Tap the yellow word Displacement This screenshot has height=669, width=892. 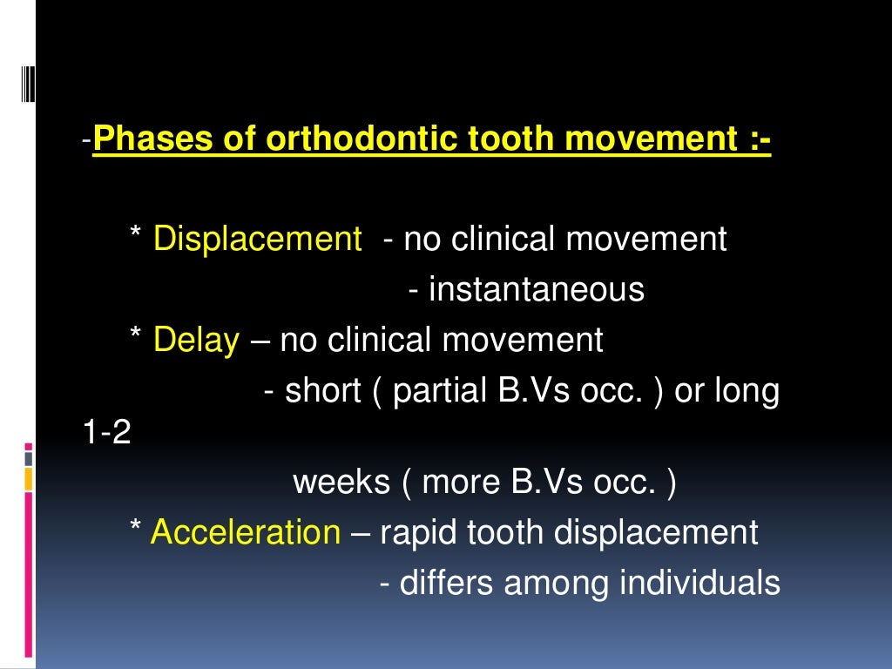pyautogui.click(x=257, y=239)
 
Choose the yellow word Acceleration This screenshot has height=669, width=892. pyautogui.click(x=246, y=531)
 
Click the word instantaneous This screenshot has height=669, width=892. pyautogui.click(x=537, y=289)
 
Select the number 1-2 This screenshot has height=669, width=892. pyautogui.click(x=107, y=433)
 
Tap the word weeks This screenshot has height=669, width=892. pyautogui.click(x=341, y=482)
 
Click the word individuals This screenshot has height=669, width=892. pyautogui.click(x=699, y=583)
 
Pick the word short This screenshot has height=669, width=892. pyautogui.click(x=322, y=391)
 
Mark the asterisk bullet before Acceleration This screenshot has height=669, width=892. pyautogui.click(x=135, y=530)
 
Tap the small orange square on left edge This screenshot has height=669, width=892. pyautogui.click(x=28, y=478)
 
